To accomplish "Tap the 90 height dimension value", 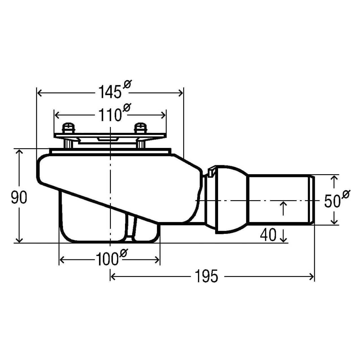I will (x=19, y=197).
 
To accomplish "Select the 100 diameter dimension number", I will (x=107, y=259).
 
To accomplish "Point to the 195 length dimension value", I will (x=206, y=276).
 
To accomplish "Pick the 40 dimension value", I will (x=268, y=235).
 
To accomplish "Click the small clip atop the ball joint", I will (x=211, y=171).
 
